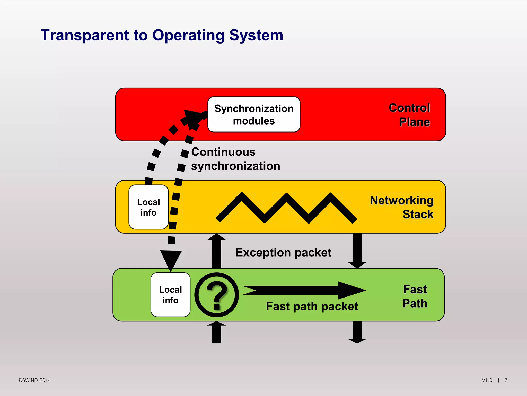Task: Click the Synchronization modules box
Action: (254, 115)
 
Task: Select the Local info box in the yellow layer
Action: (148, 207)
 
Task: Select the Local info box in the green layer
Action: (170, 295)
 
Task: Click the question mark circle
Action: (217, 295)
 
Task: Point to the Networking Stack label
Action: (402, 207)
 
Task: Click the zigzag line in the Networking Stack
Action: (286, 208)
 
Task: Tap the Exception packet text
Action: (283, 252)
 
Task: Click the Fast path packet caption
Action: (312, 307)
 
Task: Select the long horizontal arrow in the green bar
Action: (304, 290)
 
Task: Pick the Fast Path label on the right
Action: (415, 296)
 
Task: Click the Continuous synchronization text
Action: (235, 159)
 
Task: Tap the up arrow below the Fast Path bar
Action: (216, 333)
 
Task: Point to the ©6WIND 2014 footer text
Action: (34, 380)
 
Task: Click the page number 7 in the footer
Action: (506, 380)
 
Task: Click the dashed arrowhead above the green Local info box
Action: (171, 260)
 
